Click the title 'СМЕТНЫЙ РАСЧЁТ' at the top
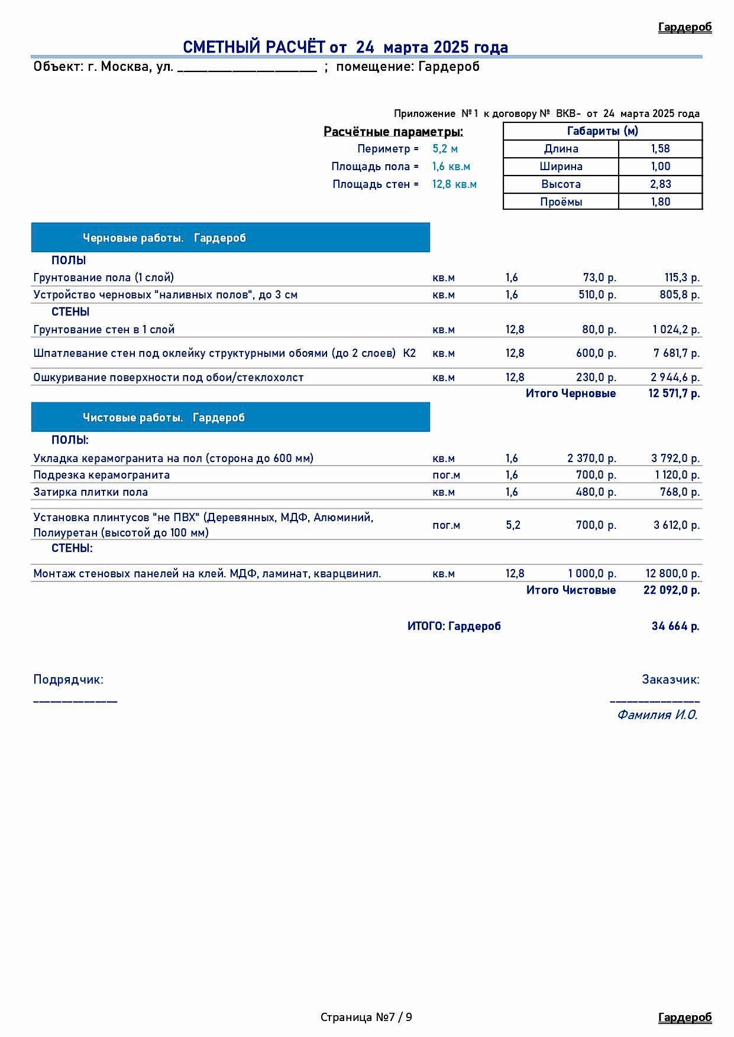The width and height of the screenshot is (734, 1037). [x=254, y=47]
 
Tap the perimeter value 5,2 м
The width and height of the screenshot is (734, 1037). [x=445, y=149]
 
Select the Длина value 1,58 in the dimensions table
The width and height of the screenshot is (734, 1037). [x=660, y=149]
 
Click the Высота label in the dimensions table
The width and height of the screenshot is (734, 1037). [x=561, y=184]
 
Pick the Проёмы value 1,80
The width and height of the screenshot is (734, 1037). [x=660, y=202]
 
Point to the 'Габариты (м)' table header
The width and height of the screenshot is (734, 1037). [x=602, y=131]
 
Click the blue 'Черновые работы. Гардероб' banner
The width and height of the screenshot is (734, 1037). [x=230, y=238]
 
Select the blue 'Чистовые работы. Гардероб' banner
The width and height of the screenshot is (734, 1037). [x=230, y=418]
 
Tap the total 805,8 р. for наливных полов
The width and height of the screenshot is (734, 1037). [x=680, y=295]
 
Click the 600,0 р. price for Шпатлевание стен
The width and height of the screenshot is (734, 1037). [x=596, y=353]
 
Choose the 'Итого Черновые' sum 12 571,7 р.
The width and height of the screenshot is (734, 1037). [x=674, y=394]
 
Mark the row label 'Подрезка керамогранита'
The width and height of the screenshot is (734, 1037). [x=102, y=475]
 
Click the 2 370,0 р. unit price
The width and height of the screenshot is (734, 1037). [x=591, y=459]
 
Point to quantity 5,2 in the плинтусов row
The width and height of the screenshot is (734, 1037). [x=513, y=525]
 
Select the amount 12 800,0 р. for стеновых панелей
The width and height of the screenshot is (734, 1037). [x=672, y=574]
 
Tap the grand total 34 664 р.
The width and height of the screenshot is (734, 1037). [x=675, y=626]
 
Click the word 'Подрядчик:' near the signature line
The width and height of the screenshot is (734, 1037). [x=68, y=680]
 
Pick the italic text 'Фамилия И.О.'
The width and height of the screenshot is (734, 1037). [x=657, y=715]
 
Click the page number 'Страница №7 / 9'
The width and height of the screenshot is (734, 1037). [x=367, y=1018]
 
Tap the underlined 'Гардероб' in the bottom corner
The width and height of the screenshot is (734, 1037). [x=685, y=1018]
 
